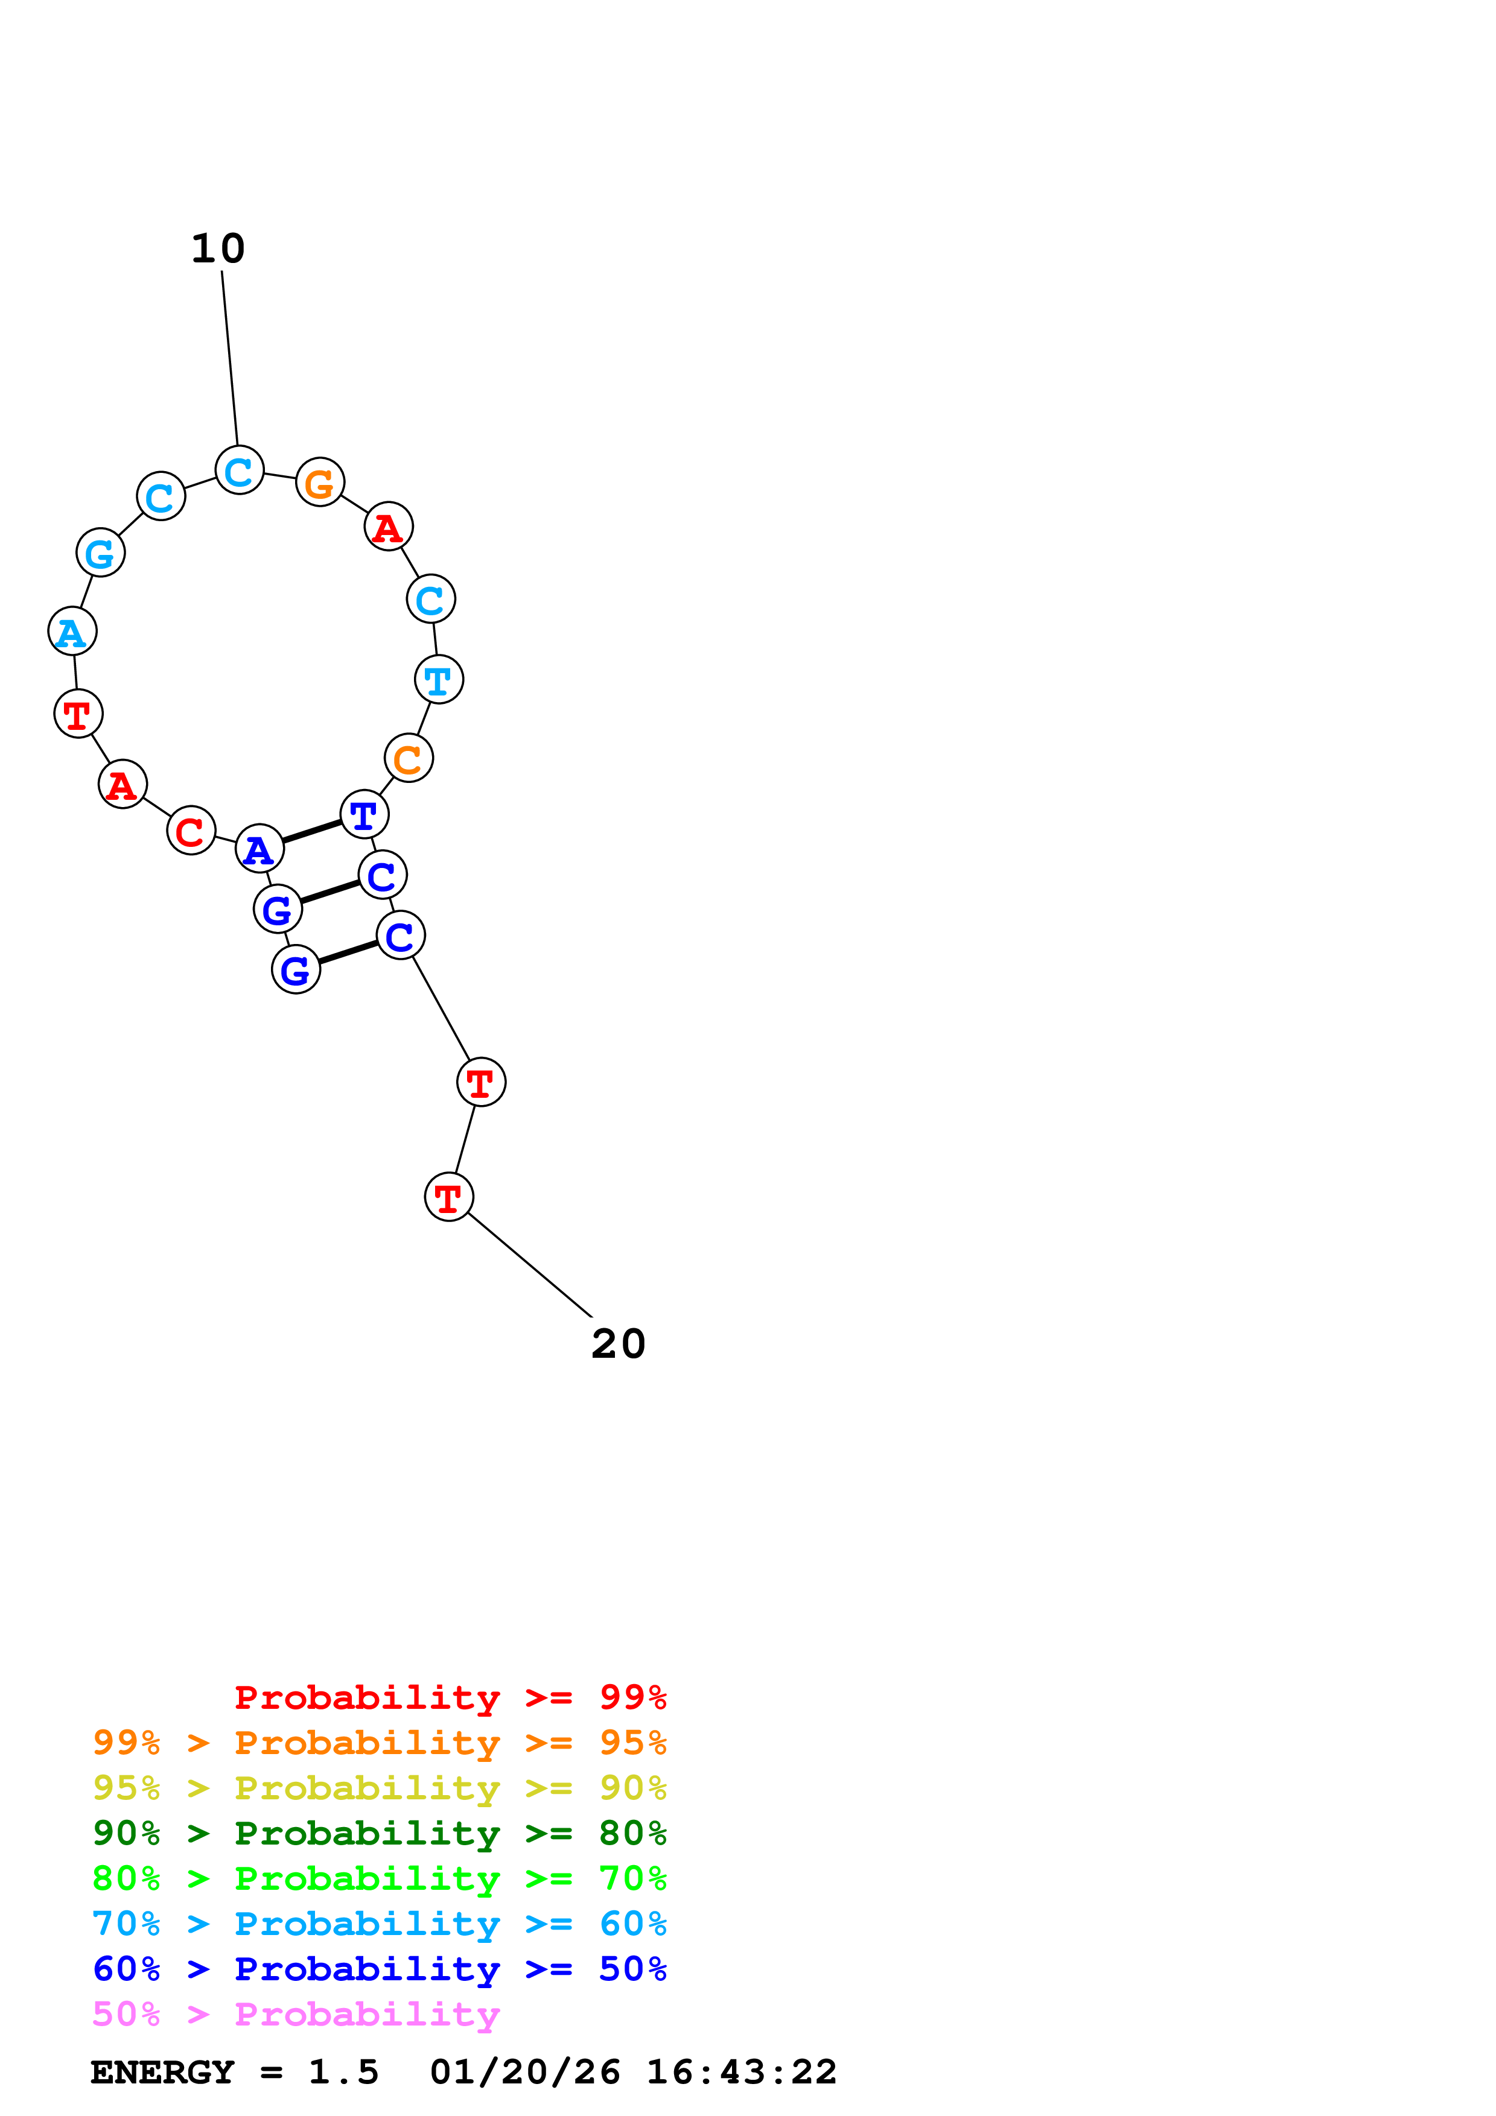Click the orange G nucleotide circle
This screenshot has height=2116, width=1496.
point(320,481)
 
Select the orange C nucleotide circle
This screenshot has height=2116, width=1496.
point(409,758)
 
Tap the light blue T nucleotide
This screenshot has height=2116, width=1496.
point(439,679)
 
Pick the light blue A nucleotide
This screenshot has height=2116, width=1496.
point(72,632)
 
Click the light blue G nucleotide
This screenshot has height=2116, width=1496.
point(100,552)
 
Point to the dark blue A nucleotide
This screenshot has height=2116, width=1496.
point(260,848)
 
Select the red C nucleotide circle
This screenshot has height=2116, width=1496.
point(191,831)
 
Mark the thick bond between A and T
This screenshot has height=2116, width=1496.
point(313,831)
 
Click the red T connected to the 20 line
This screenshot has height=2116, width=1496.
point(449,1197)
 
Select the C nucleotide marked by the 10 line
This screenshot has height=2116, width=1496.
point(240,470)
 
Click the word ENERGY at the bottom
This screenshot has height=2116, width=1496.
point(162,2072)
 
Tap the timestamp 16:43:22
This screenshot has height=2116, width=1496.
point(741,2072)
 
